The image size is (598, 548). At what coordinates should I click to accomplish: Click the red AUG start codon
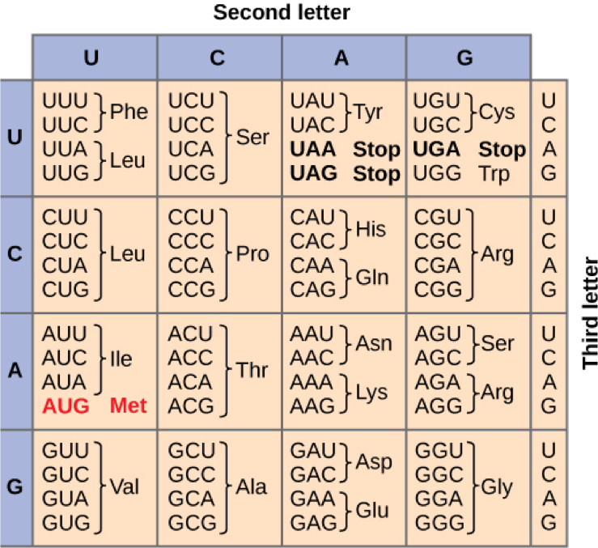(66, 406)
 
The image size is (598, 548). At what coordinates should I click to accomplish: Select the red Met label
(129, 406)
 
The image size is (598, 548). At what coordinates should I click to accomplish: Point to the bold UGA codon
(437, 150)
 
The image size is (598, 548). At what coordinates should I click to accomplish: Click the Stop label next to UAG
(376, 173)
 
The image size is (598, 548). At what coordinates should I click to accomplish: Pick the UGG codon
(437, 173)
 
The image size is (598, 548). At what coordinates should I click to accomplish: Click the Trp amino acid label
(494, 173)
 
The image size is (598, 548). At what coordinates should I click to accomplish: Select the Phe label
(129, 112)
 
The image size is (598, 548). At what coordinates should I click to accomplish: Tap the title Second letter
(282, 13)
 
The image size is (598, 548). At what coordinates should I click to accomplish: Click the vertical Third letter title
(590, 312)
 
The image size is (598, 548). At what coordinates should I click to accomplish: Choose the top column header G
(464, 57)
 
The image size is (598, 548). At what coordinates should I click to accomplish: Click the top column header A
(342, 57)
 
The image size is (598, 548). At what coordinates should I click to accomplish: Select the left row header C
(15, 254)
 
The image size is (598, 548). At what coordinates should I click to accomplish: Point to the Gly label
(497, 487)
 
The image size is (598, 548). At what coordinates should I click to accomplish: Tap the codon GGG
(438, 522)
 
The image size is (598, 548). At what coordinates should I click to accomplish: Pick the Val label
(125, 487)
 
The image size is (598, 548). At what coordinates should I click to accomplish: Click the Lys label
(371, 393)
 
